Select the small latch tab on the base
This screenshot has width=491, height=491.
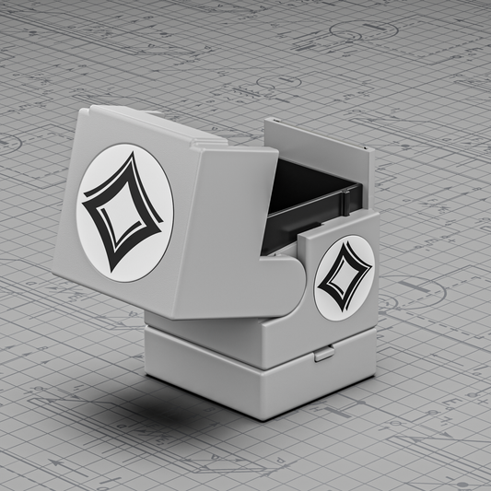coord(322,353)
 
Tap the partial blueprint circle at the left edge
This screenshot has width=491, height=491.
coord(7,143)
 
